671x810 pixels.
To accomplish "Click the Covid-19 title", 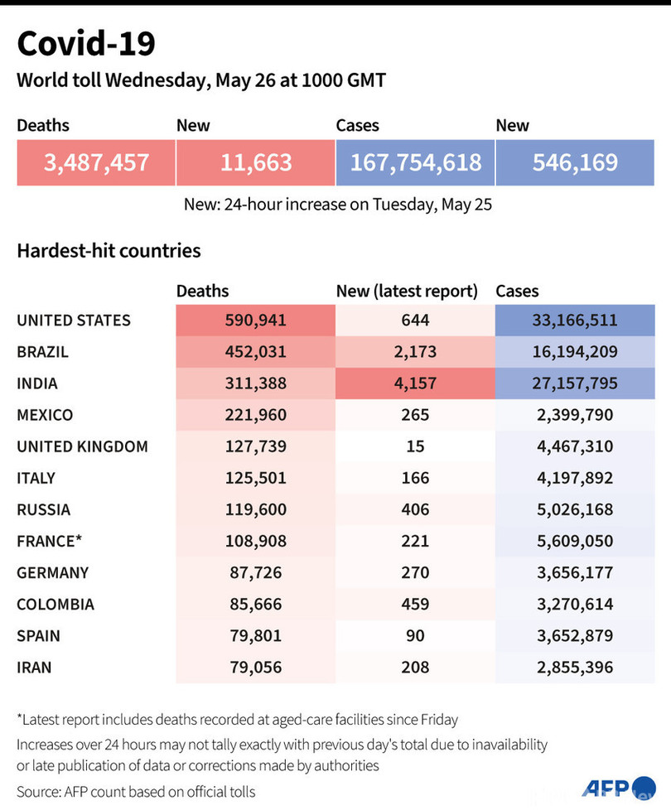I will (x=86, y=43).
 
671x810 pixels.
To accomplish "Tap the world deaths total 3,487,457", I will (x=96, y=162).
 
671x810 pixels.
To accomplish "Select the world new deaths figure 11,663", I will (x=256, y=162).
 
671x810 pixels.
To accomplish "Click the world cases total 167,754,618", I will (x=415, y=162).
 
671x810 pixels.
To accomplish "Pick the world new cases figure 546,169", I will (x=575, y=162).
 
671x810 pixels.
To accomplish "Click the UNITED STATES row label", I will (x=74, y=321).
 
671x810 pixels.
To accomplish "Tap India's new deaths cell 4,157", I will (x=415, y=383).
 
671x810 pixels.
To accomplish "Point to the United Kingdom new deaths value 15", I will (x=415, y=446).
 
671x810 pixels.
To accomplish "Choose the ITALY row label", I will (x=36, y=478).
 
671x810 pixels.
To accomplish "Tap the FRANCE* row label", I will (x=50, y=541).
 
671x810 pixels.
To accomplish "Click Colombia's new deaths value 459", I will (x=415, y=604).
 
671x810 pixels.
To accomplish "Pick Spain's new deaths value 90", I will (x=415, y=635).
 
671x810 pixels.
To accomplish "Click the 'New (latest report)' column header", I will (x=407, y=291).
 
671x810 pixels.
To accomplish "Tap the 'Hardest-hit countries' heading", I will (x=109, y=250).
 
